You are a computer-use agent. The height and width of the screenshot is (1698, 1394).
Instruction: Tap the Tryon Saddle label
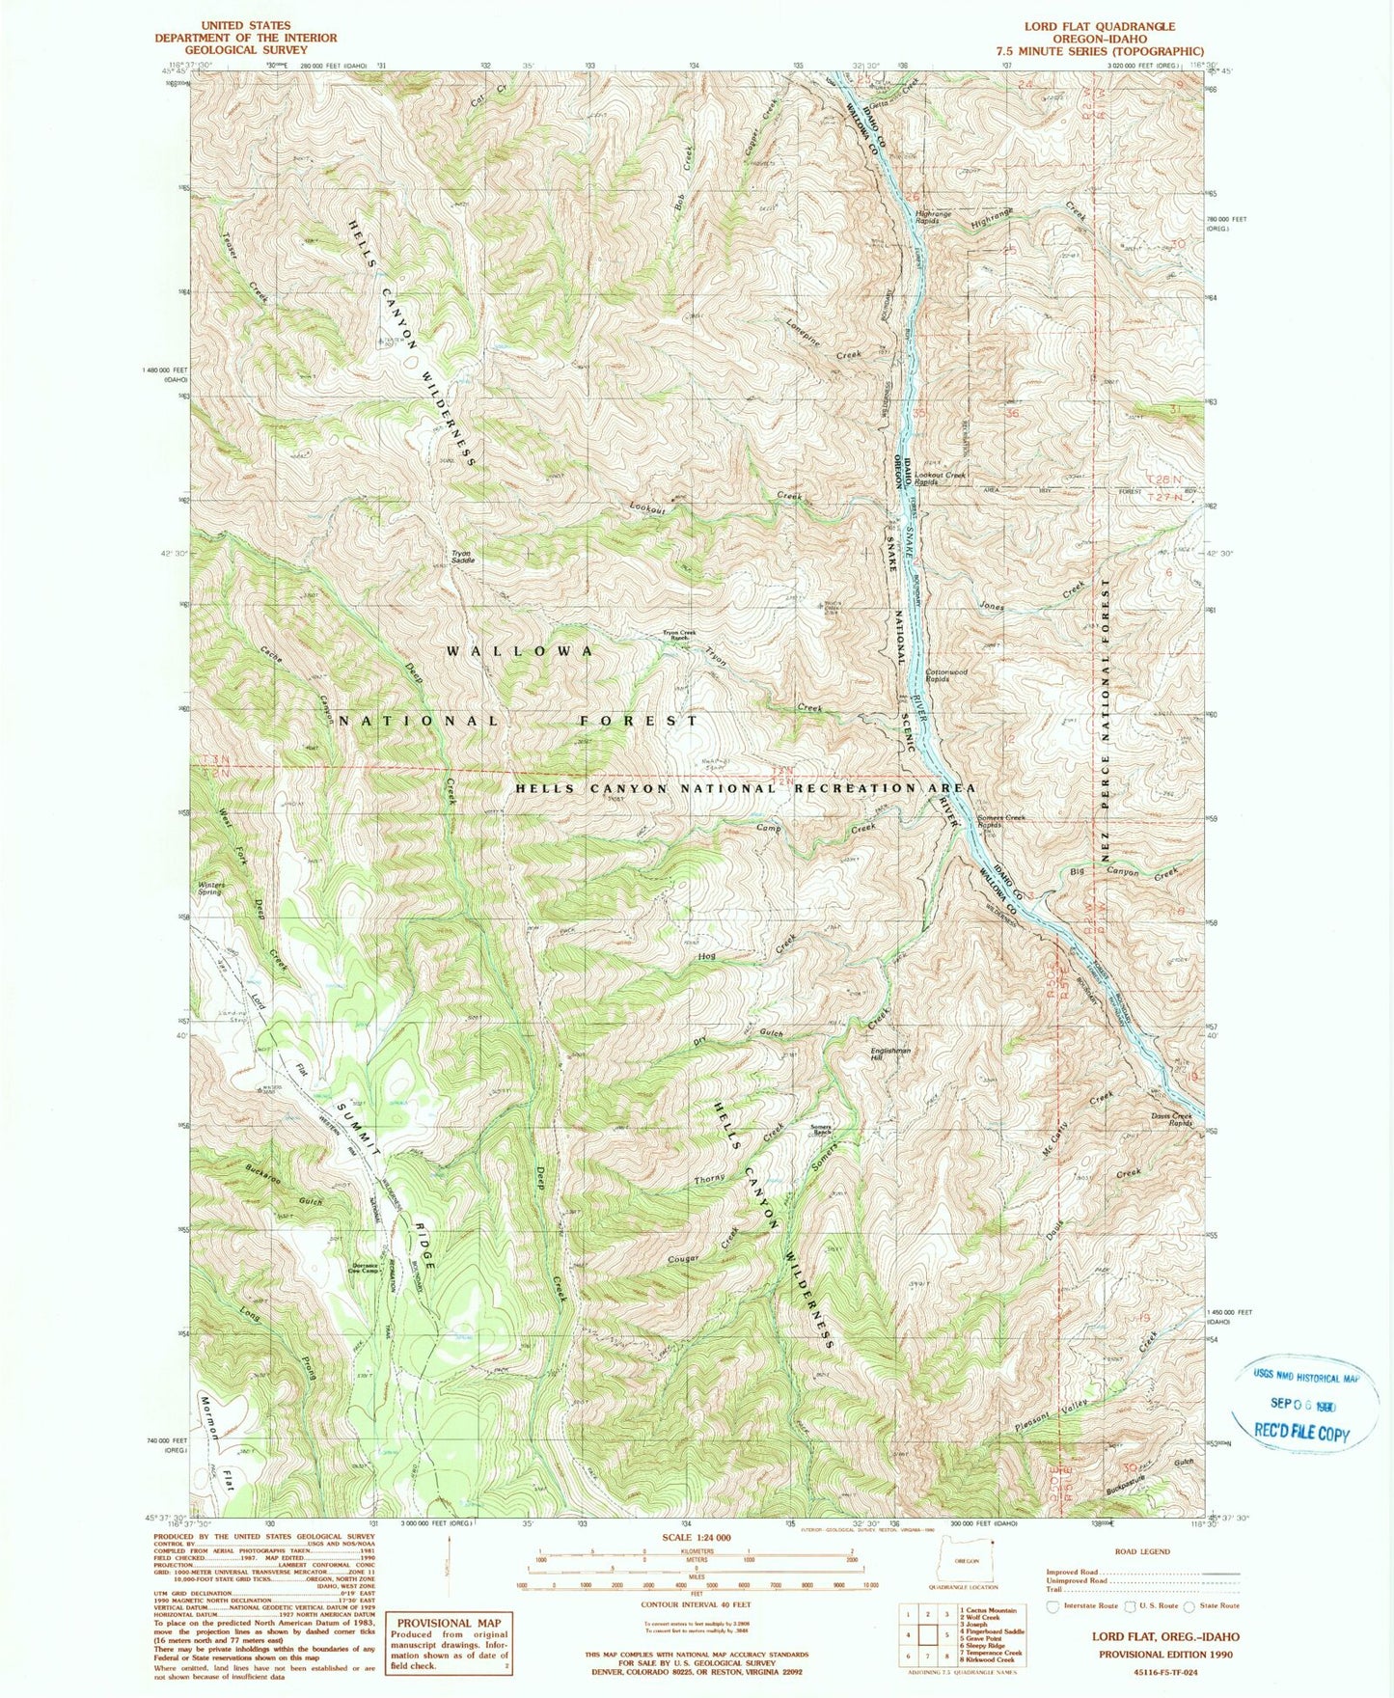(461, 557)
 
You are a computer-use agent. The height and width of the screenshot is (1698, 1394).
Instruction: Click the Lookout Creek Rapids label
(941, 478)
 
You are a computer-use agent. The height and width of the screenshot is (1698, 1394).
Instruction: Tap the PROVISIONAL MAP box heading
(449, 1623)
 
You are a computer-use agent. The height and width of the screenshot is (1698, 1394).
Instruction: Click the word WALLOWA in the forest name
(520, 651)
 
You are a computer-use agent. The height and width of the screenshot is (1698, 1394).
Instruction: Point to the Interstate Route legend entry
(1087, 1606)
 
